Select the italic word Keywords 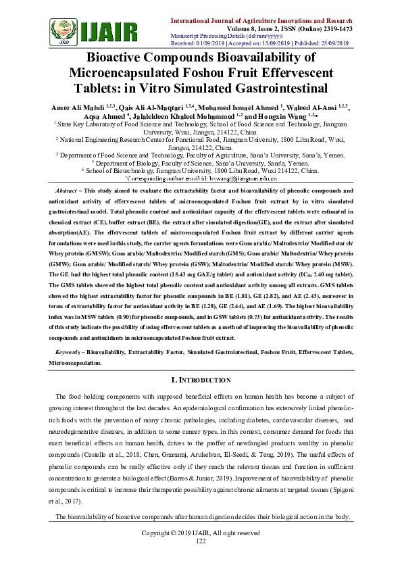(68, 353)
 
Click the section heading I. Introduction (201, 380)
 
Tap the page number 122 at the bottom (201, 541)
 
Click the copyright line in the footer (201, 533)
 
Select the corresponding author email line (201, 180)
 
